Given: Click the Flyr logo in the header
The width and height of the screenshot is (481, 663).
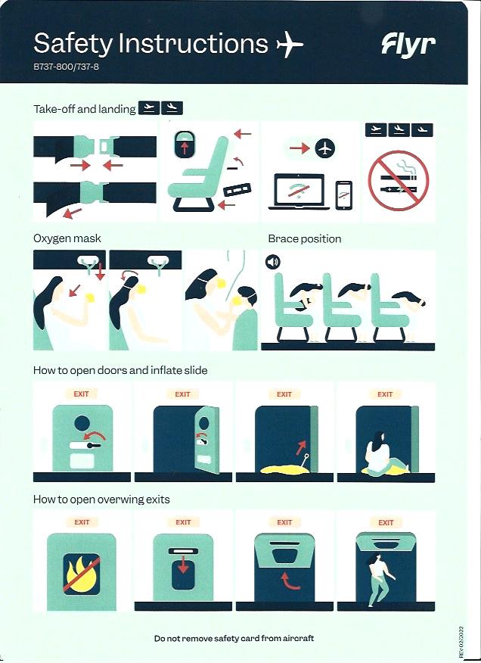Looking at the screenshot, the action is (x=408, y=45).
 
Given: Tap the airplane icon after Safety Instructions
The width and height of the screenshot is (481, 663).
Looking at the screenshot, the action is (x=290, y=44).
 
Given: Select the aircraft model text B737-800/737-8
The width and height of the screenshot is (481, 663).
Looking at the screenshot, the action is (x=66, y=67).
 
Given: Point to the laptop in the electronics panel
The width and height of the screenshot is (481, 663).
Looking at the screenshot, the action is (x=299, y=192).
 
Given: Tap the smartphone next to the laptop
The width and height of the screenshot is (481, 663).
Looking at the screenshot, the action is (x=343, y=195).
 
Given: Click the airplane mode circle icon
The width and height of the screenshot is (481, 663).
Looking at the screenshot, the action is (x=325, y=148).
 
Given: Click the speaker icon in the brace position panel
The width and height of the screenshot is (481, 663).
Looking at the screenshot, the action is (x=272, y=262).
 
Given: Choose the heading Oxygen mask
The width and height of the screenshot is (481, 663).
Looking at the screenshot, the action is (x=67, y=238).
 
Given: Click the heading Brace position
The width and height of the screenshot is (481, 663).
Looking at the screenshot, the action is (x=304, y=239).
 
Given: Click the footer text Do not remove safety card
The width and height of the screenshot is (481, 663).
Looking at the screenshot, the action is (x=234, y=639).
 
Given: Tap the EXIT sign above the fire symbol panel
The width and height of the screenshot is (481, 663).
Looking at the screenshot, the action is (x=82, y=522).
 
